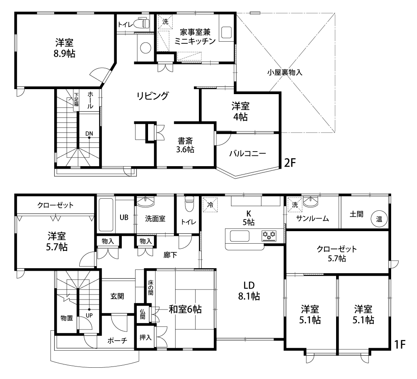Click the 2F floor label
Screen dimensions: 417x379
point(290,162)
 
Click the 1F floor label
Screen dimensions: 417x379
point(399,344)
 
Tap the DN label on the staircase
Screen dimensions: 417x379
point(89,133)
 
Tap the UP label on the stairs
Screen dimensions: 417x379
point(89,315)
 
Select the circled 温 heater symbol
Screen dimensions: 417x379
point(379,219)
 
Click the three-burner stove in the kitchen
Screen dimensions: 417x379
point(269,236)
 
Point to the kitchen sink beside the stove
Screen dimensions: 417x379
point(239,236)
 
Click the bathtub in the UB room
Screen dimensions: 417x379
point(106,214)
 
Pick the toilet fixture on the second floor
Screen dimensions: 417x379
point(141,23)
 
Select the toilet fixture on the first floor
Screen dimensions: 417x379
point(189,204)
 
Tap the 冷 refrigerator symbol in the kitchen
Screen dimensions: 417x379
point(210,205)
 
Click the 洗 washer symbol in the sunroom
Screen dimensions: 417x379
point(295,205)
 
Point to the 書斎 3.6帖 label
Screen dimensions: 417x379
point(186,145)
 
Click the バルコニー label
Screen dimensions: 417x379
point(248,154)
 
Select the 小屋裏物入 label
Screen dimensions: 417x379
point(285,72)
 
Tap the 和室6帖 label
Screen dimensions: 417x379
point(185,309)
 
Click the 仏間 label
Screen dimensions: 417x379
point(143,314)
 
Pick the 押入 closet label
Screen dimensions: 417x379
point(146,337)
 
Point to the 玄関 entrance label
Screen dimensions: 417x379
point(117,296)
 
